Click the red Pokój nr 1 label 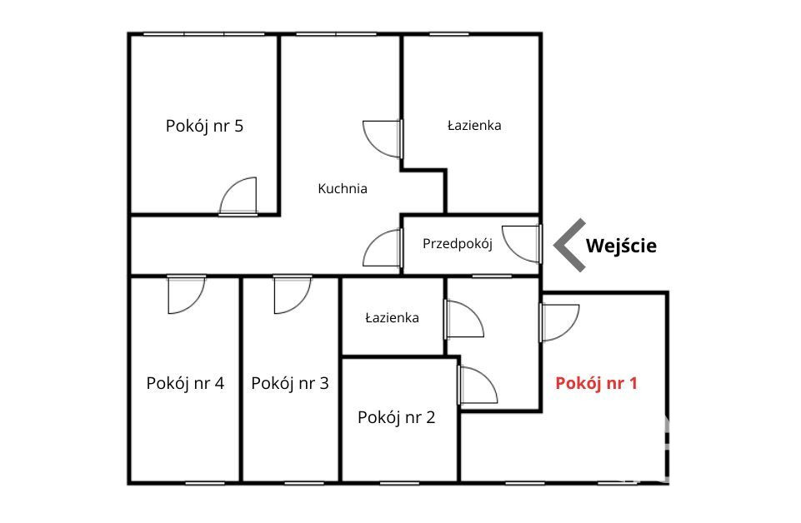pyautogui.click(x=596, y=383)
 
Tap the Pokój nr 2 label pyautogui.click(x=397, y=417)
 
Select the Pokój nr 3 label pyautogui.click(x=290, y=383)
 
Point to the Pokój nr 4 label pyautogui.click(x=185, y=383)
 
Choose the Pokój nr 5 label pyautogui.click(x=204, y=126)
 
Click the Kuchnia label pyautogui.click(x=343, y=189)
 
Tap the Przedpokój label pyautogui.click(x=458, y=244)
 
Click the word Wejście pyautogui.click(x=621, y=246)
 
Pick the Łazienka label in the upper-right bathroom pyautogui.click(x=474, y=126)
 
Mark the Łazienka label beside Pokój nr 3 pyautogui.click(x=392, y=318)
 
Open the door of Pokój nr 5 pyautogui.click(x=238, y=197)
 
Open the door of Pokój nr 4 pyautogui.click(x=187, y=295)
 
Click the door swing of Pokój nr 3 pyautogui.click(x=293, y=295)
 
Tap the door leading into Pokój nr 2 pyautogui.click(x=478, y=386)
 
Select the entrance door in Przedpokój pyautogui.click(x=522, y=244)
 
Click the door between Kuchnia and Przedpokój pyautogui.click(x=383, y=247)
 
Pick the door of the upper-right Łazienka pyautogui.click(x=383, y=139)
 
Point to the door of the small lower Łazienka pyautogui.click(x=464, y=319)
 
